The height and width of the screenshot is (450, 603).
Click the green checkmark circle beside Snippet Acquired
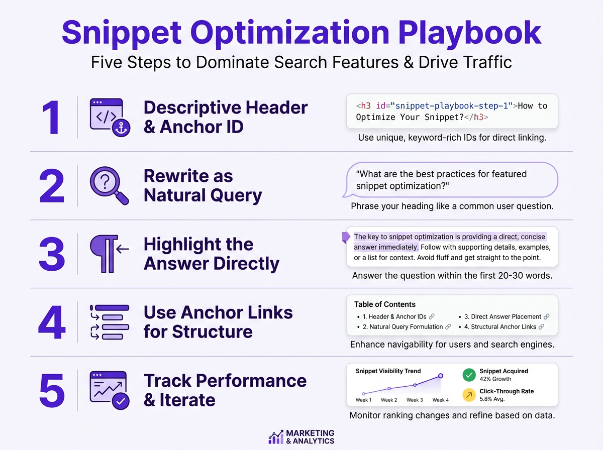[x=469, y=375]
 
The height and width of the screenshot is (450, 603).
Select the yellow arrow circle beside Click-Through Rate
[x=469, y=395]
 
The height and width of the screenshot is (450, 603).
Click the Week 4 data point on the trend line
[x=441, y=376]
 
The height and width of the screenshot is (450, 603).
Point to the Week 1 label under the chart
[x=363, y=400]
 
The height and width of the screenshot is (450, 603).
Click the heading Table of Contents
[x=384, y=304]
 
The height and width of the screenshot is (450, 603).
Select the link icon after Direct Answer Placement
[x=547, y=317]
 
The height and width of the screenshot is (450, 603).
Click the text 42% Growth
[x=495, y=379]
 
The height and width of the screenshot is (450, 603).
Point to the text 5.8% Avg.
[x=492, y=399]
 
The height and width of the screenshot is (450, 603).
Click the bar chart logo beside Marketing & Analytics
[x=275, y=437]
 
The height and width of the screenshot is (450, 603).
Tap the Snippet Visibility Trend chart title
[x=388, y=371]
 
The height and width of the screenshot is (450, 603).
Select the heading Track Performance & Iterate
[x=225, y=390]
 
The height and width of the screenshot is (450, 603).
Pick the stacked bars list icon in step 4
[x=109, y=322]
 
